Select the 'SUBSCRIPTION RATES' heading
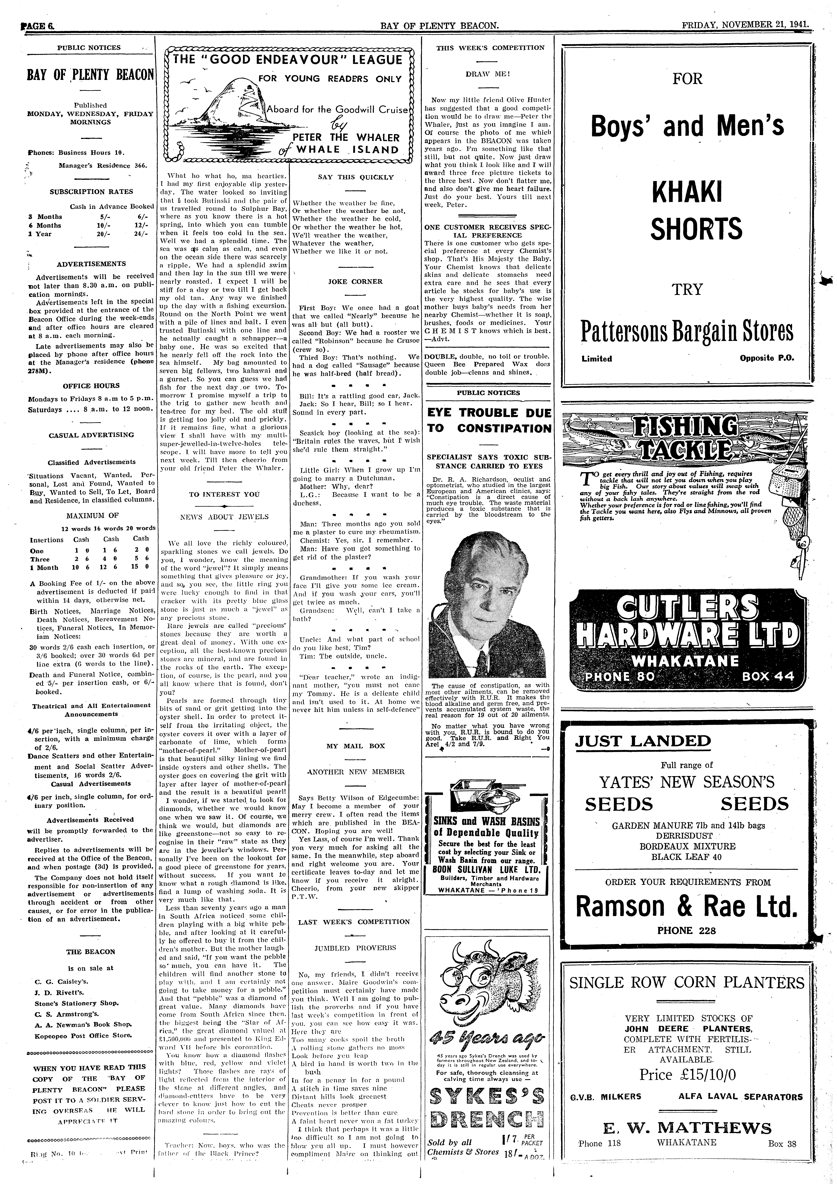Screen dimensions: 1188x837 (x=91, y=192)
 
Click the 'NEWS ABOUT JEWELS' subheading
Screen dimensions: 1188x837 (x=224, y=516)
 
